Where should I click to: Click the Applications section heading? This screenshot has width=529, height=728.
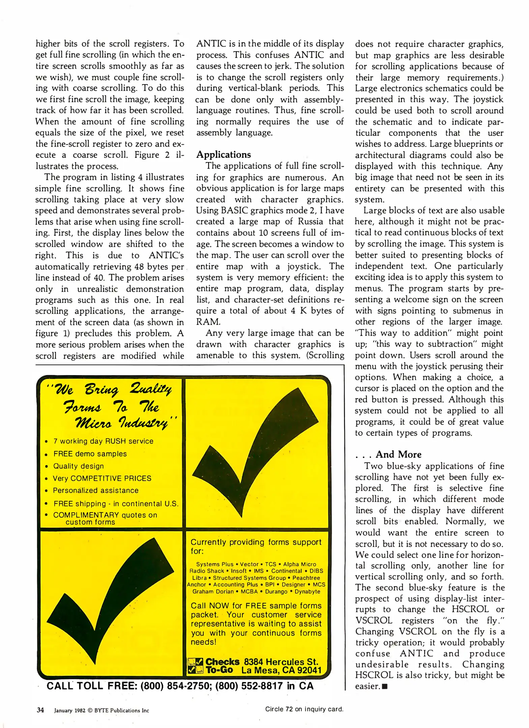224,154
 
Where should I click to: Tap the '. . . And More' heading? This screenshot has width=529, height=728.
388,454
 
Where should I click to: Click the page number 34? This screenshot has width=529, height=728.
40,710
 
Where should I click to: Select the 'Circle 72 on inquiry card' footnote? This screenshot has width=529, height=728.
304,709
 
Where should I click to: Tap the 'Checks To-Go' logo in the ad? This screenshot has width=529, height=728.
213,666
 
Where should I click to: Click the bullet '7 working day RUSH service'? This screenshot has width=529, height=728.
103,441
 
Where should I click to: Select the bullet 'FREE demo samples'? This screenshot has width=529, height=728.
90,454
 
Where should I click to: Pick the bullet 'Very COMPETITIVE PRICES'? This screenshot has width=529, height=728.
102,478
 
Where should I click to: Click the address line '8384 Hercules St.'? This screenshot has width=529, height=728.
281,662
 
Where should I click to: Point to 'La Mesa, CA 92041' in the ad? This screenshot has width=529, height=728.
281,670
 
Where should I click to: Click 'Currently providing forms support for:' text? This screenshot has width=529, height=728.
256,546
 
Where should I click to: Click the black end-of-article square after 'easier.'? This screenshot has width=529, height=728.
385,687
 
